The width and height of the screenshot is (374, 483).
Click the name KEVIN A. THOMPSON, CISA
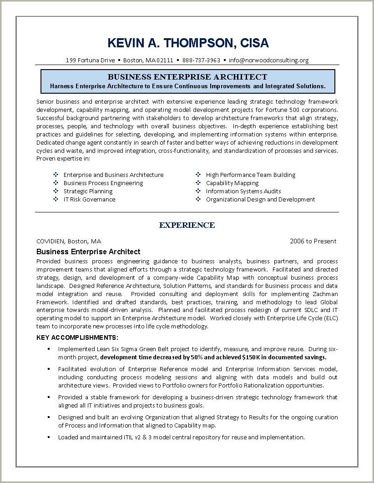coord(188,43)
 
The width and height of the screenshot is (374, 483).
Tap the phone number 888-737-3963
coord(201,60)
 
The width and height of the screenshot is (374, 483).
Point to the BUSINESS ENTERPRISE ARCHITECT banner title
coord(187,77)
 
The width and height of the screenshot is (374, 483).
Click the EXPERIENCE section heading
coord(187,225)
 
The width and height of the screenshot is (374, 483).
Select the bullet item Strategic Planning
coord(88,191)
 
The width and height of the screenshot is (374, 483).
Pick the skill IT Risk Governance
coord(89,199)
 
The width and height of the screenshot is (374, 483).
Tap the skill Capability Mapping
coord(232,183)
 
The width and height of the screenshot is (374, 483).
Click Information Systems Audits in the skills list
coord(243,191)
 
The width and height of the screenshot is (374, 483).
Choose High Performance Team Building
coord(250,175)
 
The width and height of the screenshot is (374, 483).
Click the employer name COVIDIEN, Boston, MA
coord(69,241)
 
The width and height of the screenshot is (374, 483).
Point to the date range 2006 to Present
coord(313,241)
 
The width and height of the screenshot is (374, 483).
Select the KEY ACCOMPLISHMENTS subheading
coord(77,337)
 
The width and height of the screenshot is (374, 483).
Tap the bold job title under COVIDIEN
coord(88,252)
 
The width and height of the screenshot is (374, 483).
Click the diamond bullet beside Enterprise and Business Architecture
coord(56,175)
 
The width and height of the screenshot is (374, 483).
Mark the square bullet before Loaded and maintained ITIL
coord(48,438)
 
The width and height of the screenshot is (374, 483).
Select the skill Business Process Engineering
coord(103,183)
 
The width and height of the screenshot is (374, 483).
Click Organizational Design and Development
coord(260,199)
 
